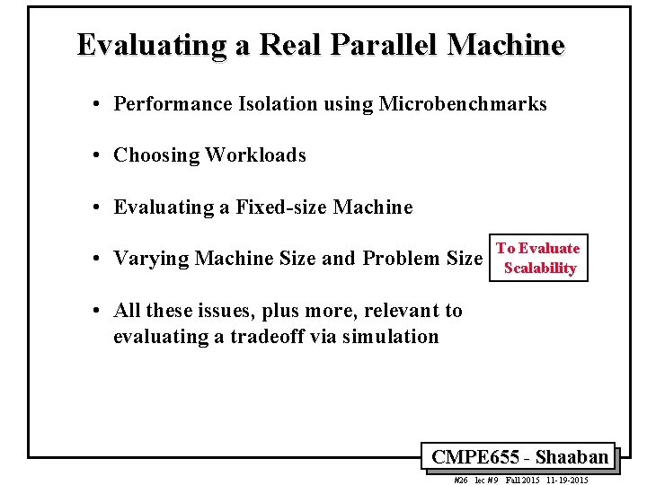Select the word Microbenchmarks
(463, 104)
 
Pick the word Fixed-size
(282, 207)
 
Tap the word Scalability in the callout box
(540, 268)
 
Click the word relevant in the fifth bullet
(377, 311)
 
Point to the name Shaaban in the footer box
(572, 456)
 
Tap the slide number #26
(461, 481)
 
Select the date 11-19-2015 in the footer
(567, 481)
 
